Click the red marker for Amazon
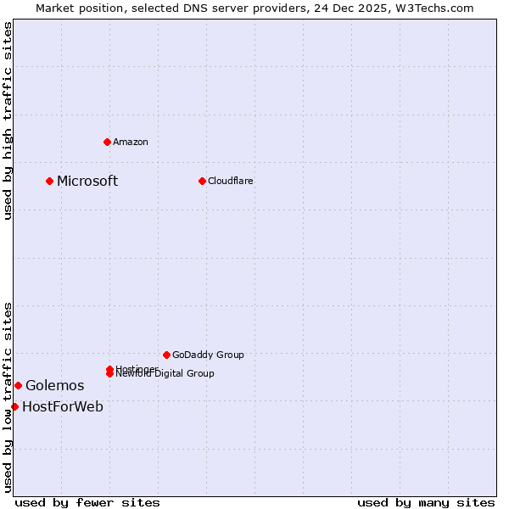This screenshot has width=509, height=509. coord(107,142)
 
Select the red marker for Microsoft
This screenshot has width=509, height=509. coord(50,181)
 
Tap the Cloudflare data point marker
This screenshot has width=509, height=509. coord(202,181)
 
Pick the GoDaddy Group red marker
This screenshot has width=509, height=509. coord(166,355)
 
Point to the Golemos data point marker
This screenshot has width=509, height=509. coord(18,386)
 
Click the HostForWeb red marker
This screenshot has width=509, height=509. coord(14,407)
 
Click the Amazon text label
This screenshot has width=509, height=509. coord(130,142)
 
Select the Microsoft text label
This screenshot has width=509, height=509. coord(87,181)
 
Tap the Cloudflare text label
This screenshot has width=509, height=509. coord(230,181)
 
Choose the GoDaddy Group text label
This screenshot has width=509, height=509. coord(208,355)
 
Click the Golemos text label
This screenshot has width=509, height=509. coord(54,386)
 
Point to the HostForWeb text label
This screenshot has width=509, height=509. coord(63,407)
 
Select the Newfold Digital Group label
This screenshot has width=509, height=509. coord(165,374)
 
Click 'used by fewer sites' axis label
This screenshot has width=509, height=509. coord(87,502)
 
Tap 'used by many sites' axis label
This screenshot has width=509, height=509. coord(426,502)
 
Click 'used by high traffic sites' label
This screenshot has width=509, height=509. coord(8,120)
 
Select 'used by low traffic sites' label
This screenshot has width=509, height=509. coord(8,397)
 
